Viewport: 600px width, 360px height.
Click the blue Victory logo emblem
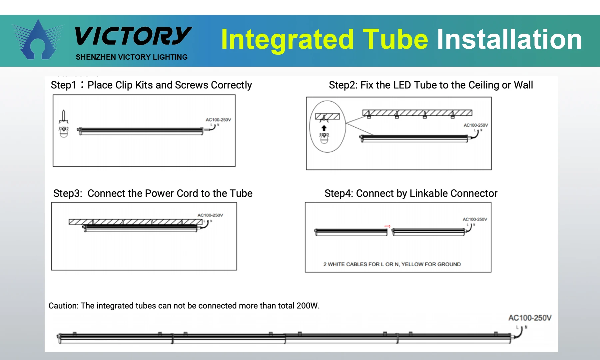(x=37, y=41)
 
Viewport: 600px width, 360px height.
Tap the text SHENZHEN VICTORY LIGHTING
(x=132, y=57)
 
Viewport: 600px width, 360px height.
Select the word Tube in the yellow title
(x=395, y=39)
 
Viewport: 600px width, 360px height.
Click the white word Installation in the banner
(x=509, y=39)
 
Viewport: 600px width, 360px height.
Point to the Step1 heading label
(x=63, y=85)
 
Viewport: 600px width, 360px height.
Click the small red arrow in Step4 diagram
(x=387, y=226)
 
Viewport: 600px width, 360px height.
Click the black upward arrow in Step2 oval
(x=324, y=128)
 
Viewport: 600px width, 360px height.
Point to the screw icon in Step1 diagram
(x=63, y=117)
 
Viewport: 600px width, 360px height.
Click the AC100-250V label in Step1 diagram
(x=218, y=120)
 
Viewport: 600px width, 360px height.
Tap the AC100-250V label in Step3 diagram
(x=210, y=215)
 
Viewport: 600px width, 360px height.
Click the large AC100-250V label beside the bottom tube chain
(x=530, y=318)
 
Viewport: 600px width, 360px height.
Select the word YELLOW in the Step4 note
(x=412, y=264)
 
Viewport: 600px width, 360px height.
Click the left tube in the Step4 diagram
(x=351, y=232)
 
